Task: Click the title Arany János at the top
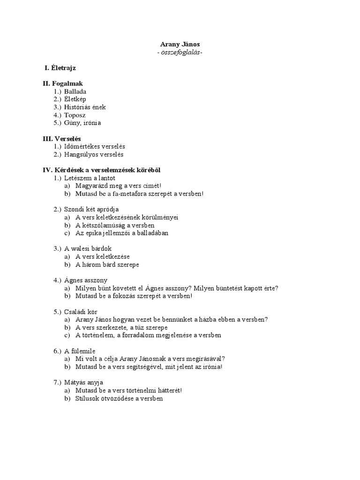[180, 44]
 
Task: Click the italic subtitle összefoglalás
[180, 52]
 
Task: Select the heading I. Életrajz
[60, 68]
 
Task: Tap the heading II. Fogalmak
[62, 83]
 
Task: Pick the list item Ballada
[75, 91]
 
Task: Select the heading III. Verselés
[61, 139]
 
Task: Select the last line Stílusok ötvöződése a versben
[119, 398]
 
